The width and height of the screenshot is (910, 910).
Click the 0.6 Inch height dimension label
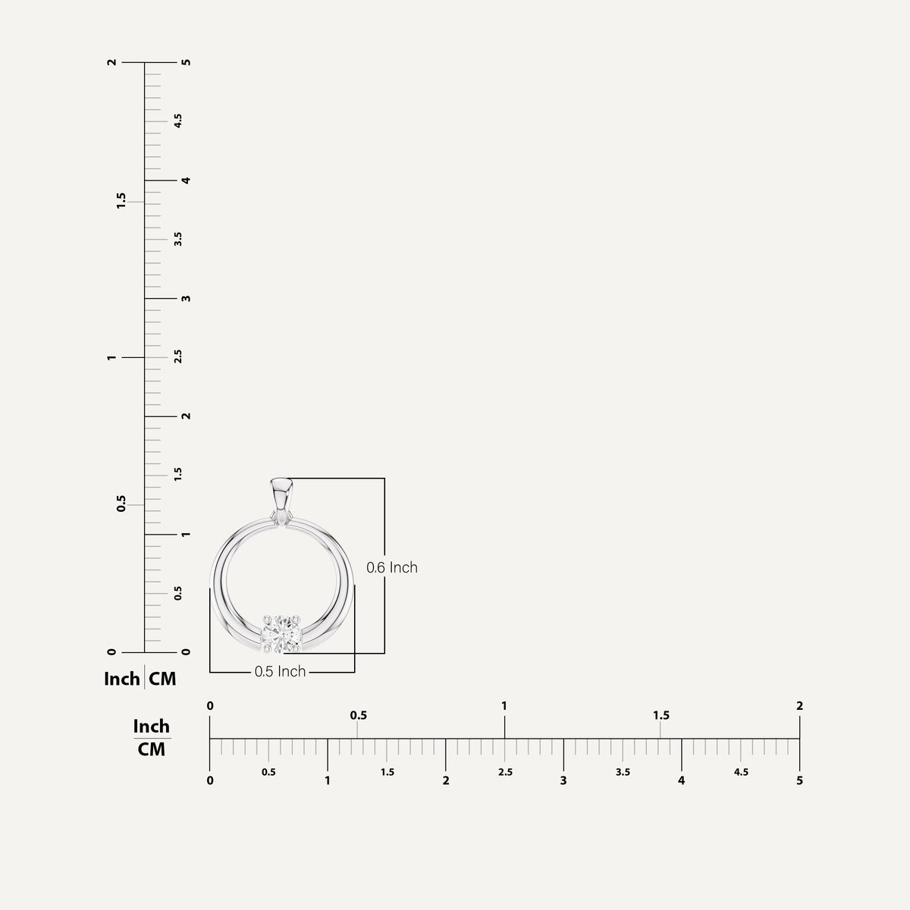[x=392, y=567]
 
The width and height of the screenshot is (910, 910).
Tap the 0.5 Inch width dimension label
[x=280, y=672]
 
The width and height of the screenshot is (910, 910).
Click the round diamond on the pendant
[x=282, y=634]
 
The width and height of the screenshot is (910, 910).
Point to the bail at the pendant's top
[x=281, y=500]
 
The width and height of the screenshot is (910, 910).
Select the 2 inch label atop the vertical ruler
[x=112, y=62]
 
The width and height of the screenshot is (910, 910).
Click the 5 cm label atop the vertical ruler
[x=187, y=62]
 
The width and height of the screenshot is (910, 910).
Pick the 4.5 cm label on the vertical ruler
[x=178, y=121]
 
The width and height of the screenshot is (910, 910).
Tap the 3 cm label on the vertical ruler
[x=187, y=299]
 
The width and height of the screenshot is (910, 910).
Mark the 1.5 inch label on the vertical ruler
[x=121, y=201]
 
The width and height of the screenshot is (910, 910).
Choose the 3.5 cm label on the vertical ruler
[x=178, y=239]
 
